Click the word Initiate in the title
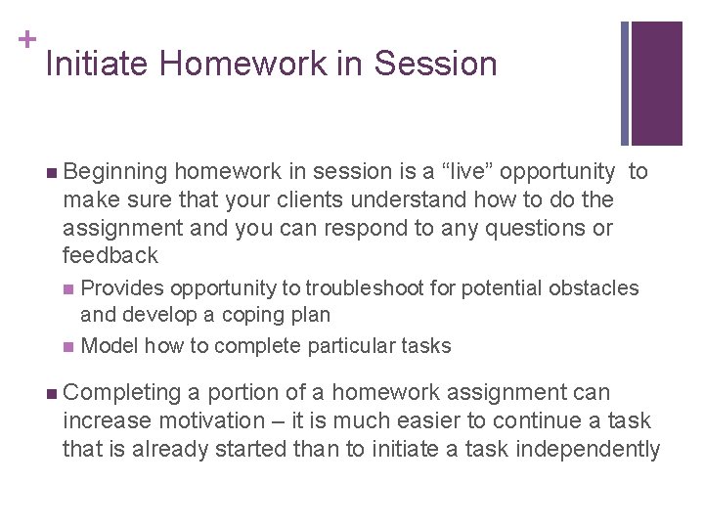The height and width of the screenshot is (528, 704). (97, 65)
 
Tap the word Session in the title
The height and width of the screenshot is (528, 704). (435, 65)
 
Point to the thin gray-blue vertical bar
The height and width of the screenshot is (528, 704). (625, 83)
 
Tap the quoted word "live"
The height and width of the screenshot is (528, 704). (460, 172)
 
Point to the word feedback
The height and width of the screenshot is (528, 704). (110, 256)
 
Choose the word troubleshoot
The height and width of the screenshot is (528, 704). (365, 288)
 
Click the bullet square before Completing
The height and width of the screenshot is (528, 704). (51, 394)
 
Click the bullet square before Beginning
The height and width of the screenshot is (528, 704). (51, 173)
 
